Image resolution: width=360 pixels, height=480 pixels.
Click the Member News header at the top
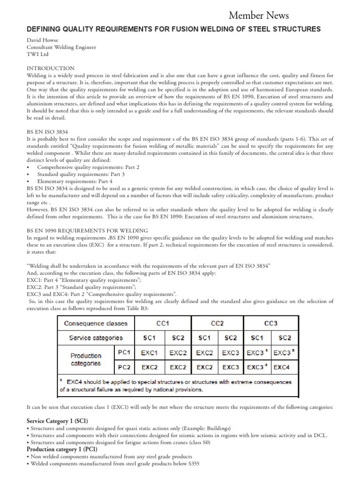(259, 15)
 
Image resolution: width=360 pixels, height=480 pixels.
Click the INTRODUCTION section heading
(51, 68)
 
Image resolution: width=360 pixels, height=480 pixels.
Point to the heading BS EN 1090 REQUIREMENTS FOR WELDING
(87, 231)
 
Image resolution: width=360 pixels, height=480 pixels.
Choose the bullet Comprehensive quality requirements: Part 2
(88, 167)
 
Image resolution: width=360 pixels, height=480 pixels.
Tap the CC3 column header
(271, 323)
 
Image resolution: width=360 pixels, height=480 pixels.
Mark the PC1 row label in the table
(125, 352)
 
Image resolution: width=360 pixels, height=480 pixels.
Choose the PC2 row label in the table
(125, 367)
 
